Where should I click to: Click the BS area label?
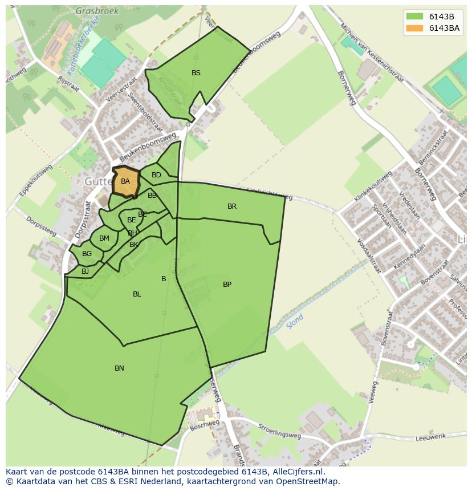coord(196,73)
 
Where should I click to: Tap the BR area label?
coord(231,206)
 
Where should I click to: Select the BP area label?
coord(227,285)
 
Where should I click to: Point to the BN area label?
coord(119,368)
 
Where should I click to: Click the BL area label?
coord(137,294)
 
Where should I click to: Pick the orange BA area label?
coord(125,181)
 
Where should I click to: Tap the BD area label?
coord(156,175)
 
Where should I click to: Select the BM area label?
coord(104,238)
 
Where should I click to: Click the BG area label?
coord(87,254)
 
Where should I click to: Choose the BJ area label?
coord(85,271)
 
